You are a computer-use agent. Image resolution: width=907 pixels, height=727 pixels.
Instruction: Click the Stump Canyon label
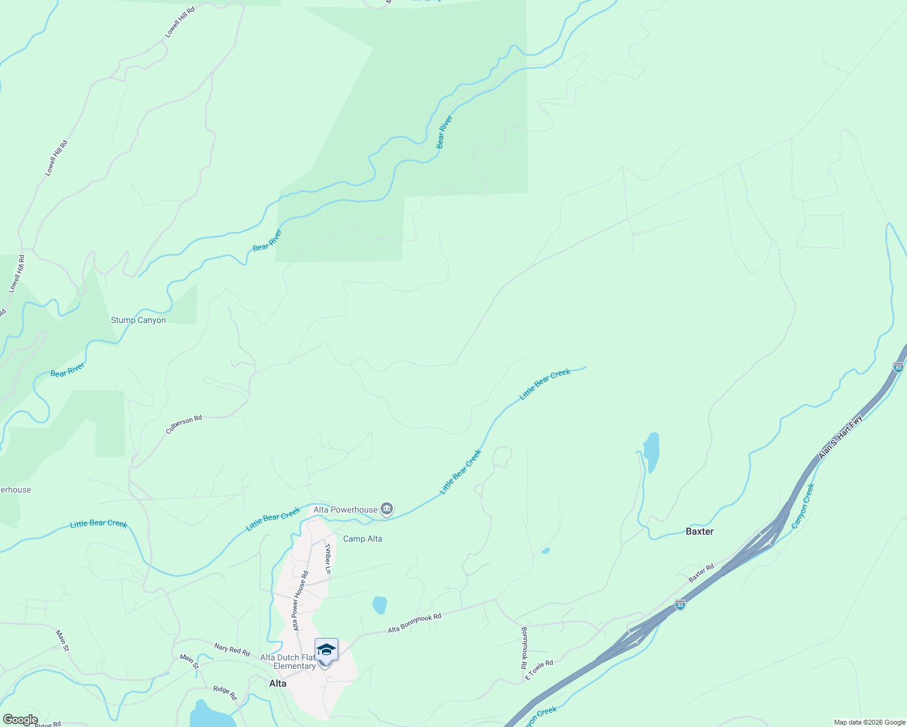pyautogui.click(x=138, y=320)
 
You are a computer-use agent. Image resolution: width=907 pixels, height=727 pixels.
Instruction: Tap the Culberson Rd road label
pyautogui.click(x=184, y=424)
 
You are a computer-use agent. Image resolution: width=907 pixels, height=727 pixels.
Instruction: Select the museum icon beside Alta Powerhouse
pyautogui.click(x=387, y=509)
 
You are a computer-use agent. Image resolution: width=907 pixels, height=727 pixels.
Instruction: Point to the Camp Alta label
pyautogui.click(x=363, y=539)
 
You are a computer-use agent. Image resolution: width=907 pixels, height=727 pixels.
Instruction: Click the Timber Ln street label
pyautogui.click(x=328, y=558)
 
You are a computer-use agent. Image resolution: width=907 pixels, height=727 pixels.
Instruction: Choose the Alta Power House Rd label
pyautogui.click(x=301, y=600)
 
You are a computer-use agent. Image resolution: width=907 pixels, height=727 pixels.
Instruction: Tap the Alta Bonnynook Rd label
pyautogui.click(x=415, y=623)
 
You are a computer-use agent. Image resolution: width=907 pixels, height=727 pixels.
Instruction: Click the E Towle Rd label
pyautogui.click(x=539, y=670)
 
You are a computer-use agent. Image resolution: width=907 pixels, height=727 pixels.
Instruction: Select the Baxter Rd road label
pyautogui.click(x=701, y=574)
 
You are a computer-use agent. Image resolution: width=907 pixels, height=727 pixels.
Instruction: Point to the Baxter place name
pyautogui.click(x=700, y=531)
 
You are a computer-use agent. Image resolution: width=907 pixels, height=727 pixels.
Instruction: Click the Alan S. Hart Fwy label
pyautogui.click(x=840, y=437)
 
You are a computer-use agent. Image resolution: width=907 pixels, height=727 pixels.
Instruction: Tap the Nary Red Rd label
pyautogui.click(x=232, y=650)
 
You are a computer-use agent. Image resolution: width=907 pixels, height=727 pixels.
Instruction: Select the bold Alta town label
pyautogui.click(x=278, y=683)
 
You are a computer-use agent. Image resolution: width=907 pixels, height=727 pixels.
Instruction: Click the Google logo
pyautogui.click(x=20, y=720)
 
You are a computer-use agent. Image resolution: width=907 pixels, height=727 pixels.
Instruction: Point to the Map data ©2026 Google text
pyautogui.click(x=869, y=722)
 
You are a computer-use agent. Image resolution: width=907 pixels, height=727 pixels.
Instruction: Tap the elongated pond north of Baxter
pyautogui.click(x=651, y=451)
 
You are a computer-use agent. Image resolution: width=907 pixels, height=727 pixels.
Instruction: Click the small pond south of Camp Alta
pyautogui.click(x=380, y=605)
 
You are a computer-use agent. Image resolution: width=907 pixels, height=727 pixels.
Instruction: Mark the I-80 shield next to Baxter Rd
pyautogui.click(x=680, y=605)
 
